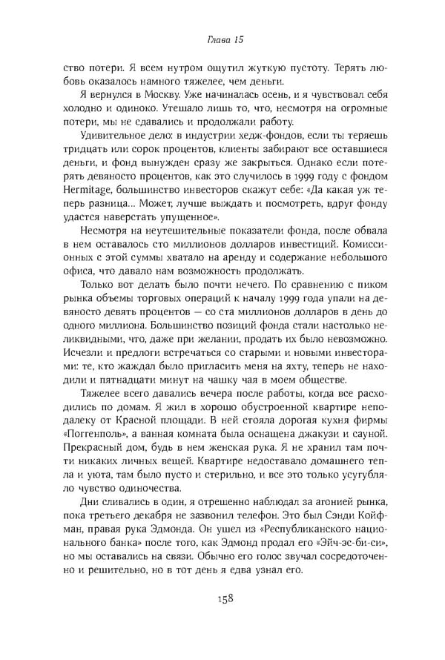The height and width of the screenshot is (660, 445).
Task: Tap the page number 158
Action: point(222,598)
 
